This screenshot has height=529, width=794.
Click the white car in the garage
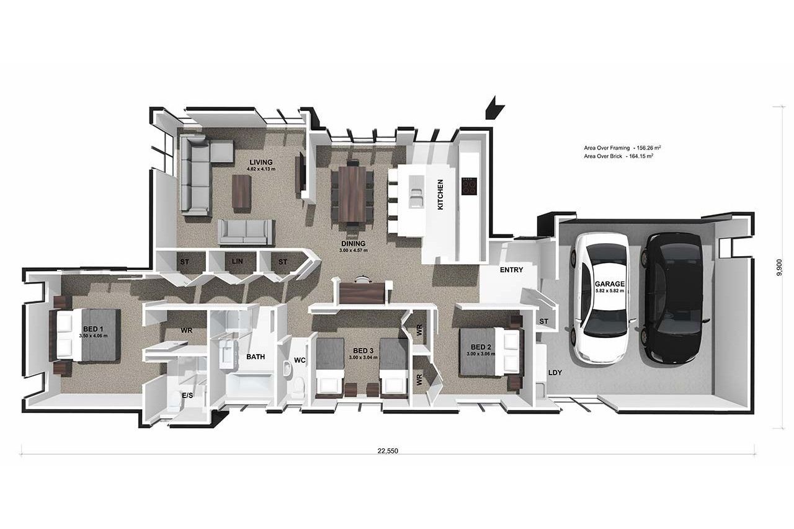click(602, 298)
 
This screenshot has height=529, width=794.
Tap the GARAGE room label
click(610, 284)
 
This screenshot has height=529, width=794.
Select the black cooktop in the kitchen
click(469, 187)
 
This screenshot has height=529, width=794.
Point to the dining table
click(352, 194)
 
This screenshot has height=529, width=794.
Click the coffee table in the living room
click(242, 192)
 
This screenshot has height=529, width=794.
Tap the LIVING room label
click(261, 162)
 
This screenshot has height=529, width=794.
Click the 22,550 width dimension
click(388, 451)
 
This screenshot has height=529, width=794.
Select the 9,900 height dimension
click(779, 267)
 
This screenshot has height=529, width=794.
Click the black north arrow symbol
click(494, 107)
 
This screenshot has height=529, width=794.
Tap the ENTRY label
click(512, 270)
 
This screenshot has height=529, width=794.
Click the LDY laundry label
click(555, 373)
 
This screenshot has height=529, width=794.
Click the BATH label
click(256, 357)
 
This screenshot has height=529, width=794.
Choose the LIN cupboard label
click(237, 262)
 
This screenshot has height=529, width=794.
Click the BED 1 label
click(93, 329)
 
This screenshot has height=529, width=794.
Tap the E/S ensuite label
click(187, 396)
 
